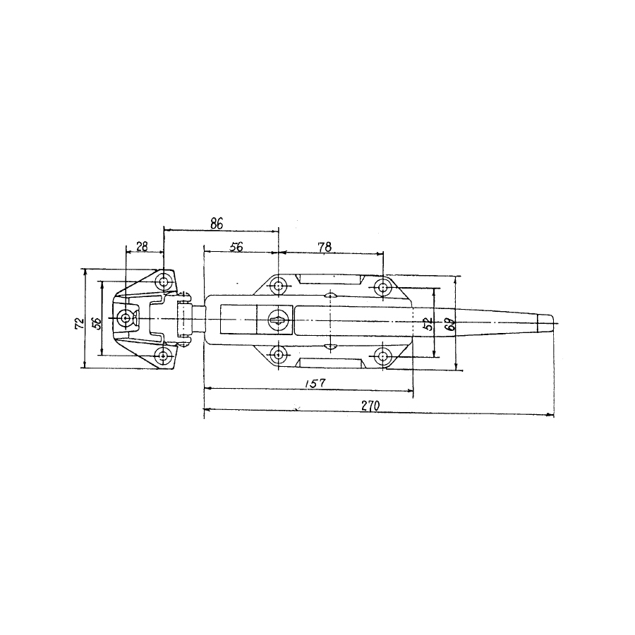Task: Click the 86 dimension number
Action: (217, 223)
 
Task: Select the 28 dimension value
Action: (142, 246)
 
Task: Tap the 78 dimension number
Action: (325, 247)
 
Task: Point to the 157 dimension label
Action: (314, 382)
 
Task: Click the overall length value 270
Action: (370, 406)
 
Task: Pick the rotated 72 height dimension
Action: (80, 322)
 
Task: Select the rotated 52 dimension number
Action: (428, 324)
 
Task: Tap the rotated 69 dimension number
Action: (450, 324)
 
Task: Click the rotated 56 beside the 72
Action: (97, 322)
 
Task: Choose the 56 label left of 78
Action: (236, 247)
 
